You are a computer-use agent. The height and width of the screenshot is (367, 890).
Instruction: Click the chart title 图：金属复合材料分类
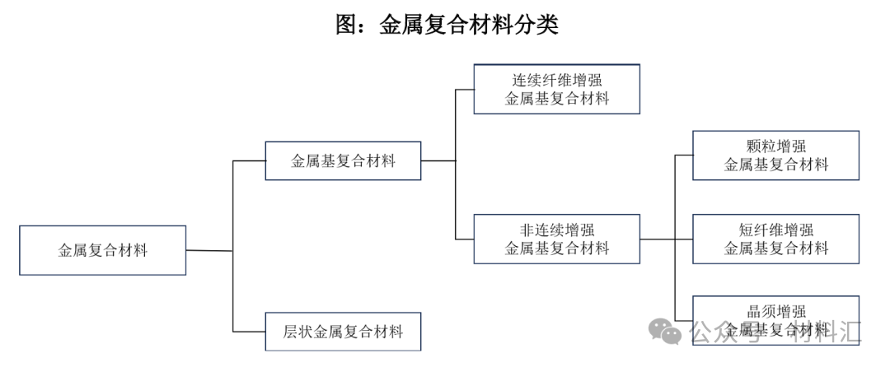click(x=447, y=26)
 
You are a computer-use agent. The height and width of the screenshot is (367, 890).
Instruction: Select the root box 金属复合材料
click(x=103, y=250)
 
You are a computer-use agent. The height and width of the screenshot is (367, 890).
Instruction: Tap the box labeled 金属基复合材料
click(x=343, y=160)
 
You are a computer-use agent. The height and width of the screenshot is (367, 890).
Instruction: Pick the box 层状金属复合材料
click(x=343, y=332)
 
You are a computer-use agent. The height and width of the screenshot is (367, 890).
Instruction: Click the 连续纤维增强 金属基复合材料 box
click(x=557, y=89)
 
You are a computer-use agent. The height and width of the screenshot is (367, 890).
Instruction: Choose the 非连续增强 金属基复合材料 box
click(x=557, y=239)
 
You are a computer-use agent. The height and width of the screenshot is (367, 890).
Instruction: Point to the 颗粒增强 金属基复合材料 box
click(x=775, y=155)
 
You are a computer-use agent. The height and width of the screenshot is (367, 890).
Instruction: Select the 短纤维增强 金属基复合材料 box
click(x=775, y=239)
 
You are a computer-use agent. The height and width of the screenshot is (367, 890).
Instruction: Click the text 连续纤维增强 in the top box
click(x=557, y=80)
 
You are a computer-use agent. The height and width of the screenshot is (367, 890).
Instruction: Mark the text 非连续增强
click(x=557, y=230)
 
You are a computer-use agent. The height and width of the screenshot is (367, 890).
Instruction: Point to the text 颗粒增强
click(x=775, y=146)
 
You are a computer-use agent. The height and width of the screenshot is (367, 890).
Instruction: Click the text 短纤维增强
click(x=775, y=230)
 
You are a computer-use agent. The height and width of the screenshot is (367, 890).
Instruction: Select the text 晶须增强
click(x=775, y=311)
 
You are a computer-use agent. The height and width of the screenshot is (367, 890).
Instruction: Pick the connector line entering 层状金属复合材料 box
click(x=249, y=332)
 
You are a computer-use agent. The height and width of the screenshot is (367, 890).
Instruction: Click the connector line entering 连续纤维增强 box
click(x=465, y=89)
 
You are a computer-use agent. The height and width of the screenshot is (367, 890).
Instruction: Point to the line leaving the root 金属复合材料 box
click(x=209, y=250)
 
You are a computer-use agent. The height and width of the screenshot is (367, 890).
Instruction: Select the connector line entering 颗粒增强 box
click(x=684, y=155)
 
